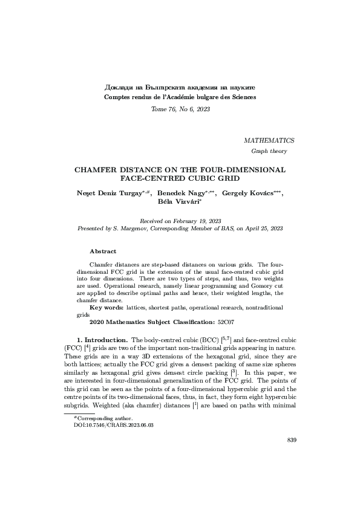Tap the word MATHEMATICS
pos(269,140)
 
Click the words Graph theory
pos(269,151)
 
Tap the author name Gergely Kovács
pos(248,193)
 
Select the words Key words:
pos(110,308)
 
